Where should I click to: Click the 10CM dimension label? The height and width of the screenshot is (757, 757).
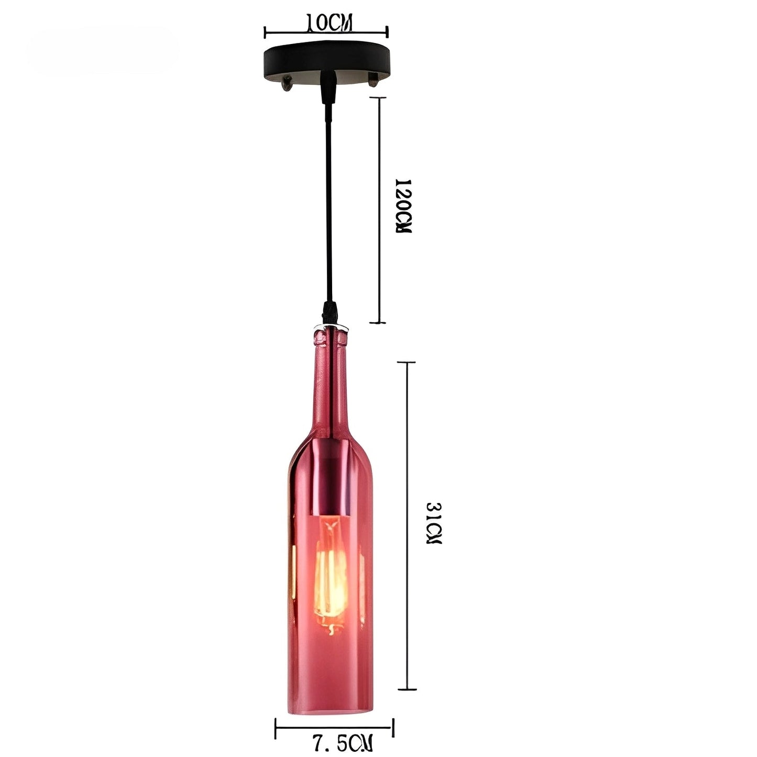(328, 23)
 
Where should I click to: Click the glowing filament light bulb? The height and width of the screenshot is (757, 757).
(331, 561)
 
